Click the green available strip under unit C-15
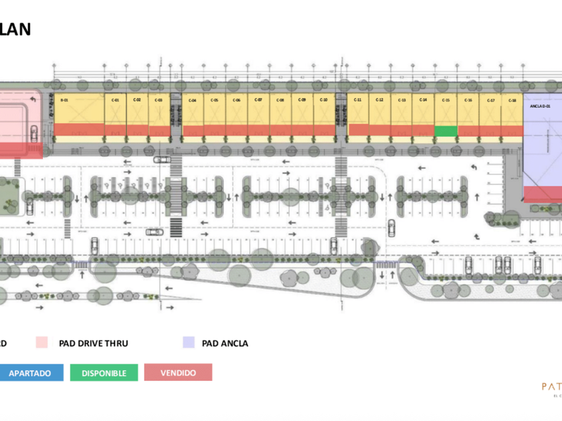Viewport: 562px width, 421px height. point(446,130)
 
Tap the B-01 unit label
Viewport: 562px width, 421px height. point(65,100)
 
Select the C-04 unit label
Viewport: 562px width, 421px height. point(192,100)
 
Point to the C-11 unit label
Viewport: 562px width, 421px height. point(358,100)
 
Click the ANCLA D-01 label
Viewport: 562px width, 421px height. point(539,106)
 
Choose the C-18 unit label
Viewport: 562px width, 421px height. point(512,100)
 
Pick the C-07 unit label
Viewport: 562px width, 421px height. point(258,100)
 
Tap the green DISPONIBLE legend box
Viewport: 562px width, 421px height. point(104,372)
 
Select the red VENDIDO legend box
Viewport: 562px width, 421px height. point(178,372)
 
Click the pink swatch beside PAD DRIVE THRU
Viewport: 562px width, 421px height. point(43,343)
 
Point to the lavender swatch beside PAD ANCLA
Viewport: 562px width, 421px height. point(189,343)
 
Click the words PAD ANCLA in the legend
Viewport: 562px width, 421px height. point(225,343)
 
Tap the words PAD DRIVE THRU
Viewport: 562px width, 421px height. point(93,343)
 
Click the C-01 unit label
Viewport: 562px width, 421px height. point(115,100)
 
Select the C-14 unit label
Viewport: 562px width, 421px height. point(424,100)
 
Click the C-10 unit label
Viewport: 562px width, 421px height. point(324,100)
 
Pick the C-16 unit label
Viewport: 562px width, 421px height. point(468,100)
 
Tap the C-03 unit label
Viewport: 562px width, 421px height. point(159,100)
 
